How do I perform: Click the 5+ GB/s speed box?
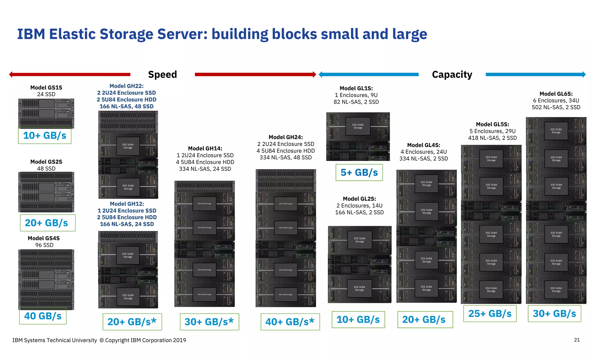coord(359,173)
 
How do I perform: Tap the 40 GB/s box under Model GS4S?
coord(43,316)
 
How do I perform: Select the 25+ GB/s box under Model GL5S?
coord(490,314)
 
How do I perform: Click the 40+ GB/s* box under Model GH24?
coord(290,322)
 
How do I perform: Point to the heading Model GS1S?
coord(46,87)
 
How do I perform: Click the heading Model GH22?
coord(127,86)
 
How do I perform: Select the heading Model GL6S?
coord(556,94)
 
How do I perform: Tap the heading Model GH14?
coord(205,149)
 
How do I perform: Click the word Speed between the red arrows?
coord(162,74)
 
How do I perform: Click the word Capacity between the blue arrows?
coord(452,74)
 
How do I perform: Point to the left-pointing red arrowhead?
coord(11,74)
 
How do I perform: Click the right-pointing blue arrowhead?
coord(584,74)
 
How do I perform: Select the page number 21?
coord(577,340)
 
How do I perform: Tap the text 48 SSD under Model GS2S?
coord(46,169)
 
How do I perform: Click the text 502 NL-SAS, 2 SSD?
coord(556,107)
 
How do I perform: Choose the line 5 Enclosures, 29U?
coord(493,131)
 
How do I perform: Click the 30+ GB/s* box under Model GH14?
coord(209,322)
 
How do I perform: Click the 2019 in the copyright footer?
coord(180,340)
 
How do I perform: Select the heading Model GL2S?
coord(359,199)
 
